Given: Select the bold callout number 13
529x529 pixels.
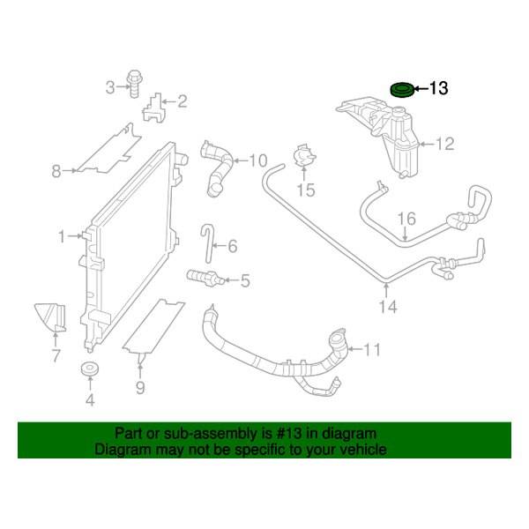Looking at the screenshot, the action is (x=438, y=88).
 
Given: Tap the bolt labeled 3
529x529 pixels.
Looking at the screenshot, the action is (x=134, y=84).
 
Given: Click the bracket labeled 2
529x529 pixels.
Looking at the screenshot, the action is (x=153, y=107).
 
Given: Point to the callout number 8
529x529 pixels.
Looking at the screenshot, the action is (x=56, y=171).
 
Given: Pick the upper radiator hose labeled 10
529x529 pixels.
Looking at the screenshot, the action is (x=216, y=168).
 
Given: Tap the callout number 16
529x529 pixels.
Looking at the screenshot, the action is (x=406, y=219).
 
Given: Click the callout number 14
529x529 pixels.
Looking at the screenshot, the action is (x=388, y=307).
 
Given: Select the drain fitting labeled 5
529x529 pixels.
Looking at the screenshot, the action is (x=205, y=278).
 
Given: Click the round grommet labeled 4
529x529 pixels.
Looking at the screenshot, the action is (x=90, y=369).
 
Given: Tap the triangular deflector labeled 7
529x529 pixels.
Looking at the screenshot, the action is (x=50, y=317).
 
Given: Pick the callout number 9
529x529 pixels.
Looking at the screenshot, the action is (x=140, y=388).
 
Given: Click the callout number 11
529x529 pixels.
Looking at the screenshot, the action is (x=371, y=349).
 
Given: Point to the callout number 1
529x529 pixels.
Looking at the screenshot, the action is (x=62, y=236).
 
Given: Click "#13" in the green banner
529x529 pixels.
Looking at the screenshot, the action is (x=289, y=433).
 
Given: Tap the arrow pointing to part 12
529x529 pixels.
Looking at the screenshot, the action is (x=426, y=145).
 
